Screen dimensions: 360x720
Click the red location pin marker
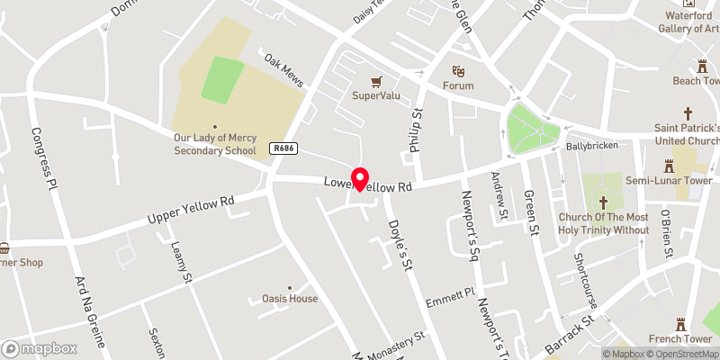pos(360,177)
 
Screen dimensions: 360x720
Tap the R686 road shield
pos(282,148)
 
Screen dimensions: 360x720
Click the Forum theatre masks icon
pos(457,70)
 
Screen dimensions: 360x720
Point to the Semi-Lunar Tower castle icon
pos(669,166)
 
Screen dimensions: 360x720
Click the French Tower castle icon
pos(681,324)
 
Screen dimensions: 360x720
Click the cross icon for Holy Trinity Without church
pos(604,202)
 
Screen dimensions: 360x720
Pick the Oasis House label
pos(290,299)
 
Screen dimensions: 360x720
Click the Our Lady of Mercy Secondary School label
pos(215,144)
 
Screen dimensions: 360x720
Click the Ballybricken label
pos(590,145)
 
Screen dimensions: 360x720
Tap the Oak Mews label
pos(283,70)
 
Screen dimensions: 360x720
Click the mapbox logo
pos(40,348)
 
